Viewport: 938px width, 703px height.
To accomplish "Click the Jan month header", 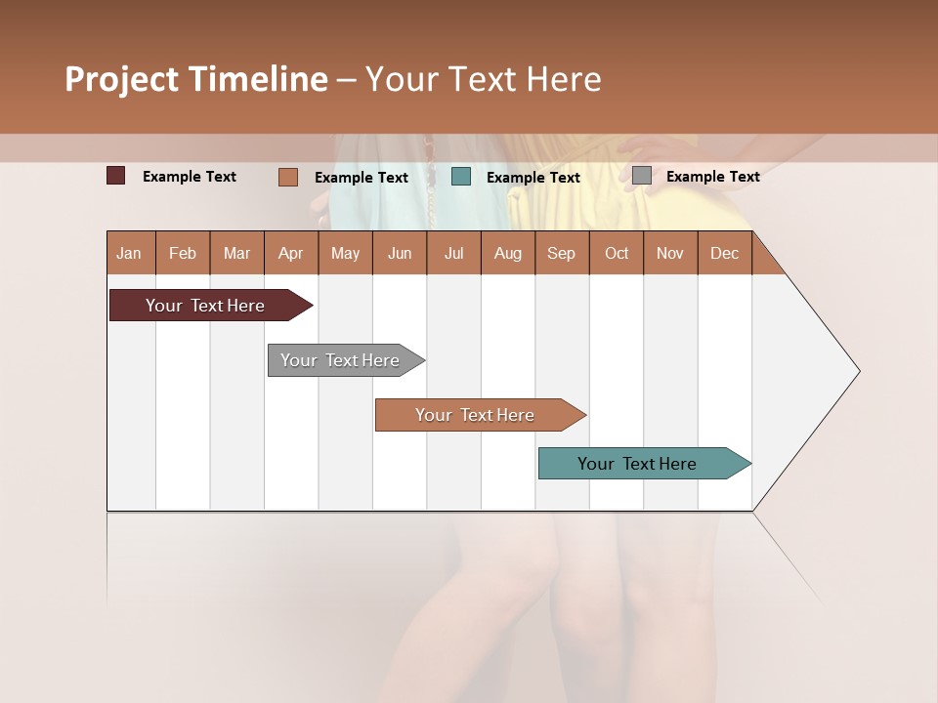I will pos(129,253).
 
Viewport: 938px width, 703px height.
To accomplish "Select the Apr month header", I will pos(290,253).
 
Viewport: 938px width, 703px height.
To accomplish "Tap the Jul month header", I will pos(453,253).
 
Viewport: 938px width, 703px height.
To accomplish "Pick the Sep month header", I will pos(561,253).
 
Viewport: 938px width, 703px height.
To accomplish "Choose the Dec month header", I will pos(724,253).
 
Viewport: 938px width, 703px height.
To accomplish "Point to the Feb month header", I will pos(183,253).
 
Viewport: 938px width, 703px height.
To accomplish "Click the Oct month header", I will pos(616,253).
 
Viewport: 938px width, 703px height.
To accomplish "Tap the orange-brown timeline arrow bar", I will pos(476,415).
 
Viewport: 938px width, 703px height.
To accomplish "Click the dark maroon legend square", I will pos(116,176).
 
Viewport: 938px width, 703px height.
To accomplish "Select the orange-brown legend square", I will pos(288,177).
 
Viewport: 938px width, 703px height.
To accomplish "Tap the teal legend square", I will pos(461,177).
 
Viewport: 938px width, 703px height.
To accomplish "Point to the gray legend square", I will pos(642,176).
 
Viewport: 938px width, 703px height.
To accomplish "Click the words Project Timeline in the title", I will pos(196,79).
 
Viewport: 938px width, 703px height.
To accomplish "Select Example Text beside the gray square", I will pos(712,177).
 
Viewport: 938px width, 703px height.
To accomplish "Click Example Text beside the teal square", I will pos(533,178).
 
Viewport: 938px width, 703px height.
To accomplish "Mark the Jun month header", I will pos(400,253).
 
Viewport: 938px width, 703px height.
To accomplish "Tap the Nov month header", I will pos(669,253).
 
